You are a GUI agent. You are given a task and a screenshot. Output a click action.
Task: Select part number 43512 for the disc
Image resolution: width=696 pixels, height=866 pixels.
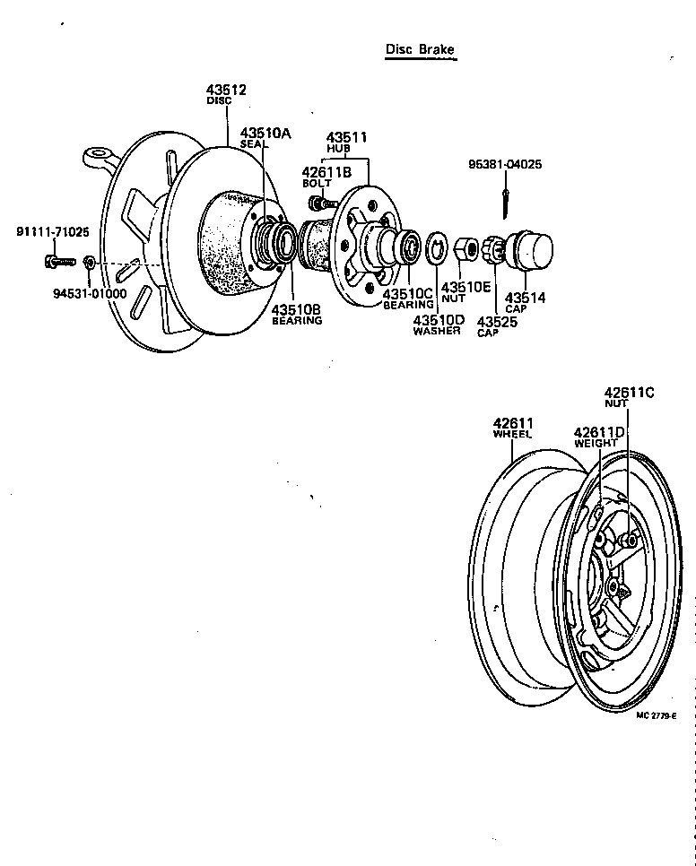tap(226, 90)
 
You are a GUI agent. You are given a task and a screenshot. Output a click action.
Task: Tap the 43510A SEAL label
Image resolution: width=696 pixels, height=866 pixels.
tap(265, 137)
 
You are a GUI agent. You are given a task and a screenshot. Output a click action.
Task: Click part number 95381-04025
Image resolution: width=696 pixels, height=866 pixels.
tap(505, 165)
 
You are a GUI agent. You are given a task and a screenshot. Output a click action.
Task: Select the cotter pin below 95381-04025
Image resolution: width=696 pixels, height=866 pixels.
tap(509, 199)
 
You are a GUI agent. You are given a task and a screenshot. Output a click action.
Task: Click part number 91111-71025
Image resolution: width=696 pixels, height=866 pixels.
tap(53, 232)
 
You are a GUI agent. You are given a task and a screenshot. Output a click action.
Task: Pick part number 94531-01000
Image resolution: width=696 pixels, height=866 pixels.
tap(89, 292)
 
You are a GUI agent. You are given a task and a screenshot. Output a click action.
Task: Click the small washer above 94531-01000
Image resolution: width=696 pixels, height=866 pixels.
tap(90, 262)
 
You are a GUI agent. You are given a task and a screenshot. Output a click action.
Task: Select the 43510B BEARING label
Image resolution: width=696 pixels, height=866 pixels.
tap(297, 314)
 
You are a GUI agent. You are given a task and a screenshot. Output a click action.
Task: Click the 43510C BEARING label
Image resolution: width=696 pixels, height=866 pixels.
tap(408, 298)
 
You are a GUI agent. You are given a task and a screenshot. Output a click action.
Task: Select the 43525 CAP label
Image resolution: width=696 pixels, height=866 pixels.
tap(496, 325)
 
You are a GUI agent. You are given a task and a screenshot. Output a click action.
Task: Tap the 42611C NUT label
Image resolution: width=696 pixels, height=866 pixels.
tap(629, 397)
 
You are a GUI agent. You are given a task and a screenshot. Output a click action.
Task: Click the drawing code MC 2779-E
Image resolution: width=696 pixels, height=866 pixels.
tap(657, 714)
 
